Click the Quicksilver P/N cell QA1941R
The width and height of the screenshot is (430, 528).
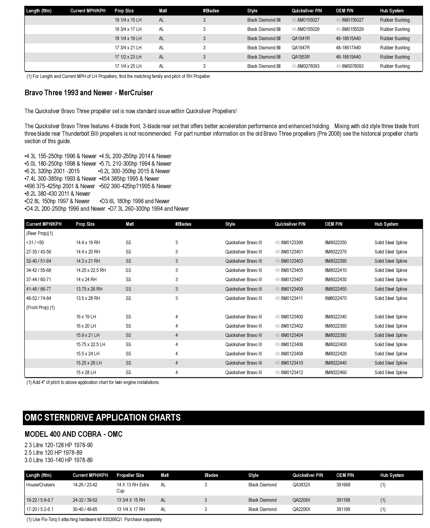(x=300, y=38)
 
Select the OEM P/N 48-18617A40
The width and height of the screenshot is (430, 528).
(x=348, y=48)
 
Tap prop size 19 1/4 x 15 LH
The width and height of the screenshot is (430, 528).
(x=128, y=20)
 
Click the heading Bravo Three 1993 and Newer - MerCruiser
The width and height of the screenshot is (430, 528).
(x=89, y=93)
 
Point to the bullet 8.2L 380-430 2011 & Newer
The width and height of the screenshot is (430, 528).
(x=57, y=193)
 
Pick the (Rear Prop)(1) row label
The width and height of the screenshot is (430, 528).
(x=40, y=233)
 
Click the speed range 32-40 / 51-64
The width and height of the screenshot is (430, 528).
(x=39, y=261)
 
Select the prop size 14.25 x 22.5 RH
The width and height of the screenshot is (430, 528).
(x=91, y=270)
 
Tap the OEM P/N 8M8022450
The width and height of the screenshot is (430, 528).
(x=336, y=289)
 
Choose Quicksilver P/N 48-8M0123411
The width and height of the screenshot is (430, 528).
(x=289, y=298)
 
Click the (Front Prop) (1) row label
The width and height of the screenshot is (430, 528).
(x=40, y=307)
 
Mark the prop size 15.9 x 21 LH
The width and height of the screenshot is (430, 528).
(x=88, y=335)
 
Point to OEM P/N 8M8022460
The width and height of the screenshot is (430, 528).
(x=336, y=372)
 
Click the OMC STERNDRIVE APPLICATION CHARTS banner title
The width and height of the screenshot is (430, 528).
(x=103, y=417)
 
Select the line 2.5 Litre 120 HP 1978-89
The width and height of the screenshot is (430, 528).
(x=53, y=452)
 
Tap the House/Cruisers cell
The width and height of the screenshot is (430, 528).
(x=40, y=485)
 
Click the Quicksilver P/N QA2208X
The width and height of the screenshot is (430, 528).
(x=301, y=500)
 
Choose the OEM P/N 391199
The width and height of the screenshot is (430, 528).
(x=343, y=509)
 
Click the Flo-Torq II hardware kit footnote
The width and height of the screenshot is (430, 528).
(x=95, y=519)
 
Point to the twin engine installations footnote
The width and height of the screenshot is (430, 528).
(x=93, y=382)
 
